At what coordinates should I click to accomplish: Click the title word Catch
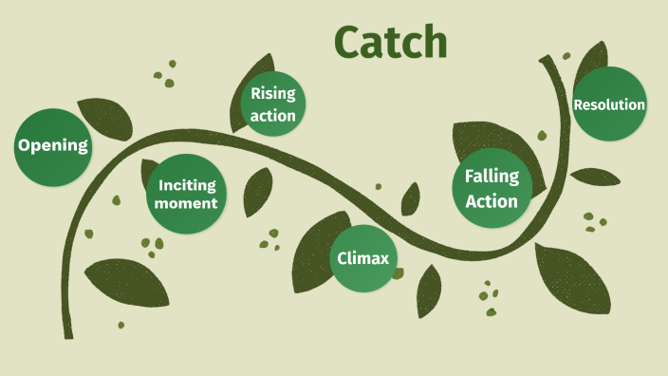[390, 42]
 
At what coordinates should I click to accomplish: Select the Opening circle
[53, 146]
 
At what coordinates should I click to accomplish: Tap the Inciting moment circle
[187, 194]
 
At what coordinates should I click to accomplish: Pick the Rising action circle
[273, 104]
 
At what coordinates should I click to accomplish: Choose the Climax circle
[363, 257]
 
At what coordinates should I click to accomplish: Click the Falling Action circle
[492, 188]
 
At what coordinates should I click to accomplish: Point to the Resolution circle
[609, 104]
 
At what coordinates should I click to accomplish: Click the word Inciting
[187, 185]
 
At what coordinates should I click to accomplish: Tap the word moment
[187, 203]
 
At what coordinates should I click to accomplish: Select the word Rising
[273, 94]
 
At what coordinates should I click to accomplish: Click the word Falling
[492, 177]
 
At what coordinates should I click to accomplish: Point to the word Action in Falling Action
[492, 200]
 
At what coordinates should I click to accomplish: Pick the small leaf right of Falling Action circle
[596, 177]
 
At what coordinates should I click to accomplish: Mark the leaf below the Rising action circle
[257, 191]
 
